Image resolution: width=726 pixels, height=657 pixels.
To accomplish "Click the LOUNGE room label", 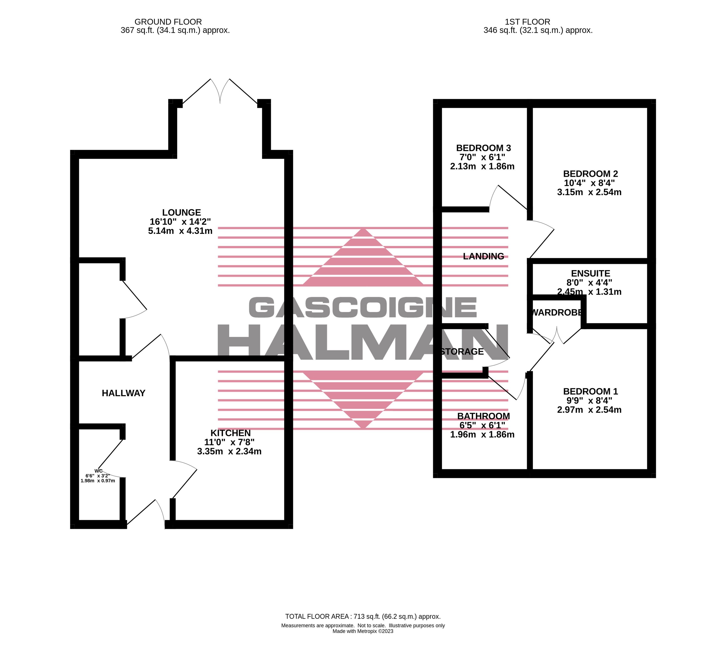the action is [x=181, y=213].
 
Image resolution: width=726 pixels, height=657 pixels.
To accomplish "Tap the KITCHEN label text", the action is [x=231, y=433].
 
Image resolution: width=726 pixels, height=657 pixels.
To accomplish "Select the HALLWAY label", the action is [x=123, y=393].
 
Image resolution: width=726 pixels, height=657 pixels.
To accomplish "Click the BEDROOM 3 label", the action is [x=483, y=148].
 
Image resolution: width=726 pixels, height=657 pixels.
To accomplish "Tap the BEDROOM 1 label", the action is [x=591, y=391].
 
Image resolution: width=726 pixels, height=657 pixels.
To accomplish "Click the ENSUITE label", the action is [x=591, y=273].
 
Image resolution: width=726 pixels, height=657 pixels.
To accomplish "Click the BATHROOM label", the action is [x=484, y=416].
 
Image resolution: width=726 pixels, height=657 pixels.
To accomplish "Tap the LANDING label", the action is [x=483, y=256].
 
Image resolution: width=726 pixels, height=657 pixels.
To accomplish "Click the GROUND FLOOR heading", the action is [x=168, y=22].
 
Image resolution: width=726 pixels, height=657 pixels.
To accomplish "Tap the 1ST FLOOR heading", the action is [x=528, y=22].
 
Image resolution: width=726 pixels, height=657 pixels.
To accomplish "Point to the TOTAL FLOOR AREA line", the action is [x=363, y=616].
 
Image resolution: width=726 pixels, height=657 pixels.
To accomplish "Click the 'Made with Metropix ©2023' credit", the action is [x=363, y=631].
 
